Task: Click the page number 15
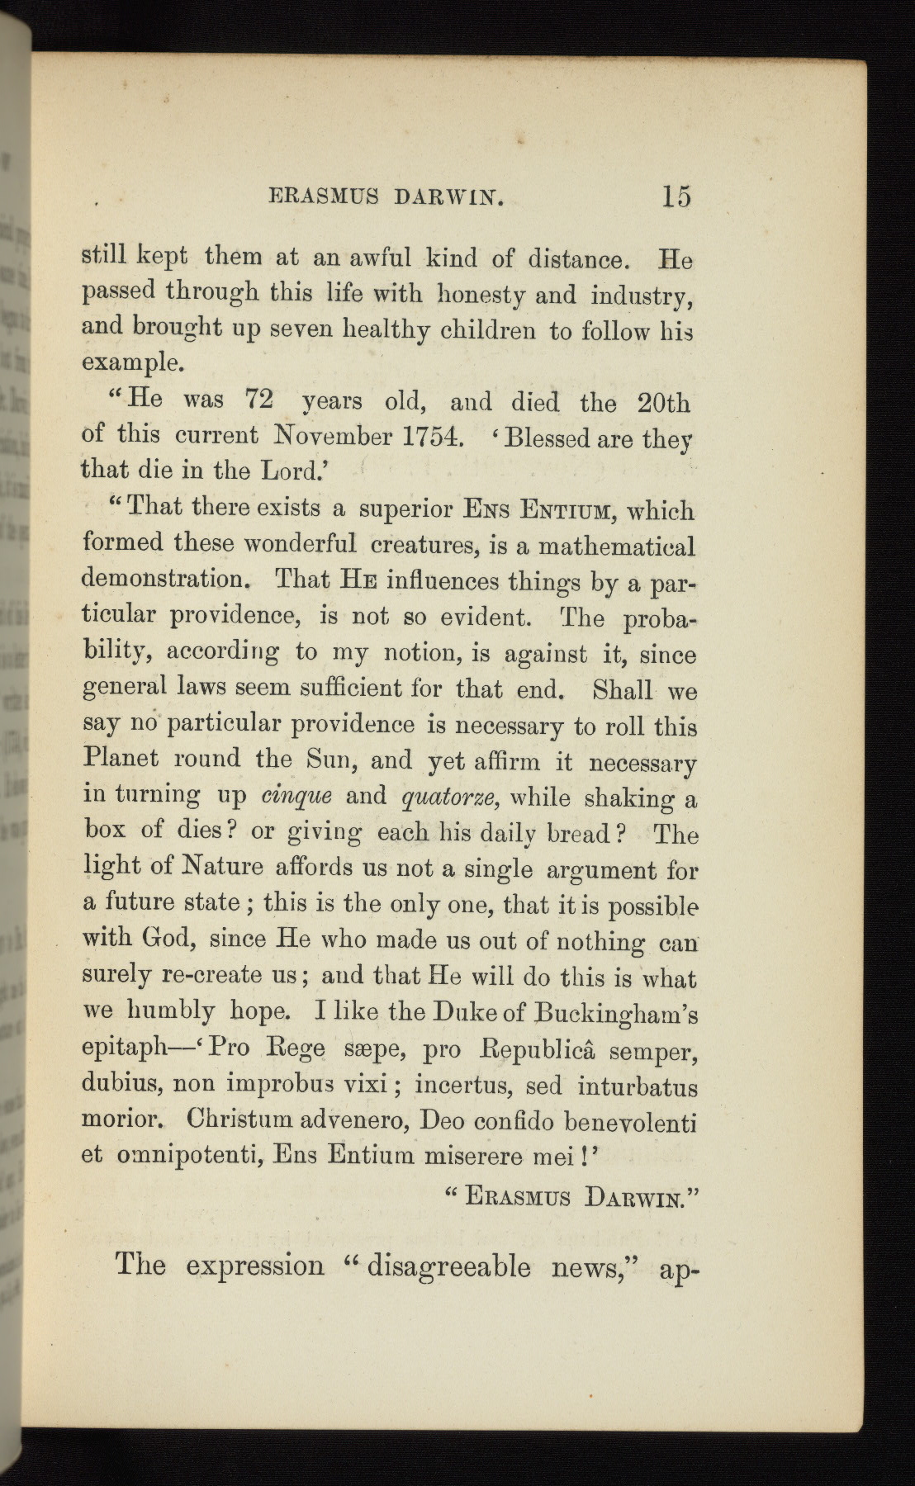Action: click(676, 196)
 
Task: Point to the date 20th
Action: click(663, 403)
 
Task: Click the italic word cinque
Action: click(296, 796)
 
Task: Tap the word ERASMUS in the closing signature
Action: click(518, 1196)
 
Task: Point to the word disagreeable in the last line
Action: click(447, 1265)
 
